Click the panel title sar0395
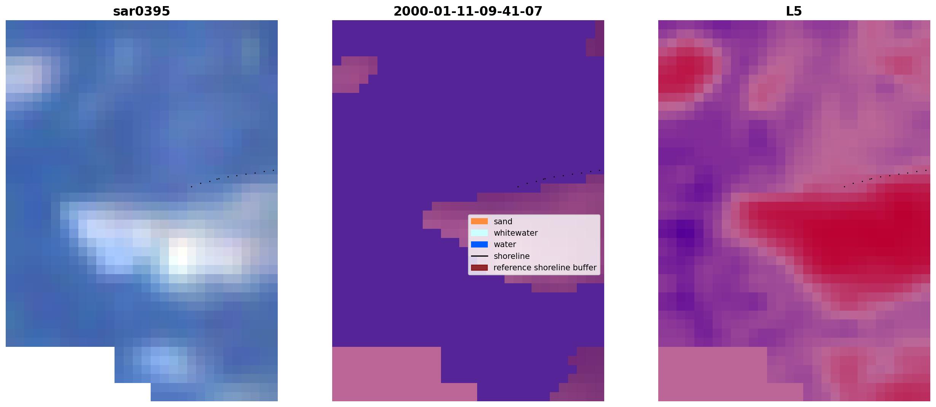click(x=142, y=11)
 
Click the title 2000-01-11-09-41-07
click(x=468, y=11)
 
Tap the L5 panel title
click(x=794, y=11)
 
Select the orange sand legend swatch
click(x=479, y=221)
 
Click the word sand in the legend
click(x=503, y=222)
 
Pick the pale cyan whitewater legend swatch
click(x=479, y=233)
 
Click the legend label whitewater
click(x=516, y=233)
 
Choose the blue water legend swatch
click(x=479, y=244)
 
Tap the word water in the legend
click(x=505, y=244)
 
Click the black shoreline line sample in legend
click(x=479, y=256)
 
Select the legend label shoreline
click(x=512, y=256)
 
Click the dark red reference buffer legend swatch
click(x=479, y=268)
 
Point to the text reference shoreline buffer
click(x=545, y=268)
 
